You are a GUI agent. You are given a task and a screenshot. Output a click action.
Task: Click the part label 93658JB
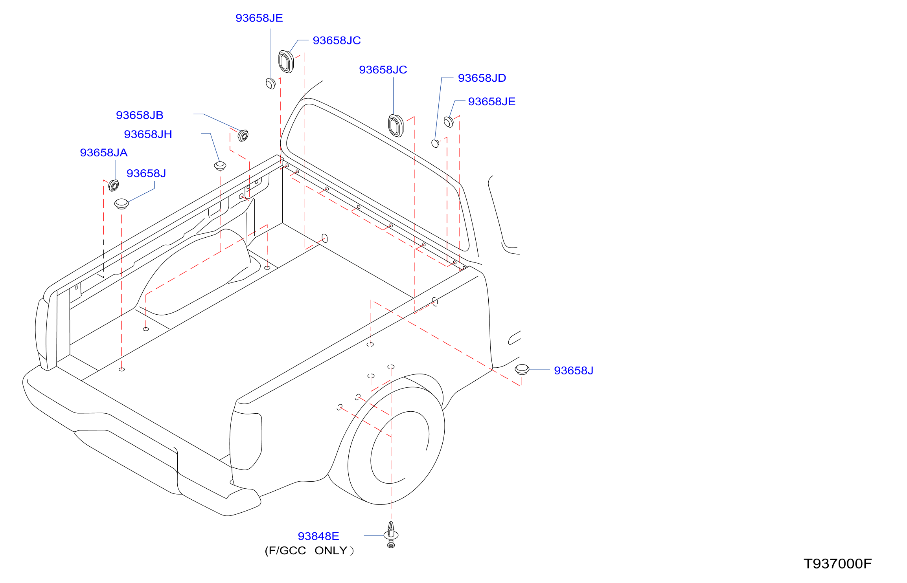[x=140, y=115]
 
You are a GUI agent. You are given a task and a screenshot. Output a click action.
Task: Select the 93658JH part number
[x=148, y=134]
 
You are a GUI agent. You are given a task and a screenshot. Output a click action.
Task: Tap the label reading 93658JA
[x=104, y=153]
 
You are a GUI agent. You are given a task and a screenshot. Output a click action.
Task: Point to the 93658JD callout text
[x=482, y=78]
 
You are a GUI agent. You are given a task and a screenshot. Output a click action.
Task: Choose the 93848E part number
[x=318, y=536]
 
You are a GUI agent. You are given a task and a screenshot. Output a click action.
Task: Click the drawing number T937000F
[x=837, y=564]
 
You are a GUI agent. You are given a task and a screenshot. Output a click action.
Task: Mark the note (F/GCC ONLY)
[x=309, y=551]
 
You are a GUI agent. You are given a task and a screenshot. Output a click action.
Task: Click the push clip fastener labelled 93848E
[x=391, y=534]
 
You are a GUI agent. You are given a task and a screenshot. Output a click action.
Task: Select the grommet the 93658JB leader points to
[x=243, y=136]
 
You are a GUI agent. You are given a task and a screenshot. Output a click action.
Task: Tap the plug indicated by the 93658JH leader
[x=220, y=166]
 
